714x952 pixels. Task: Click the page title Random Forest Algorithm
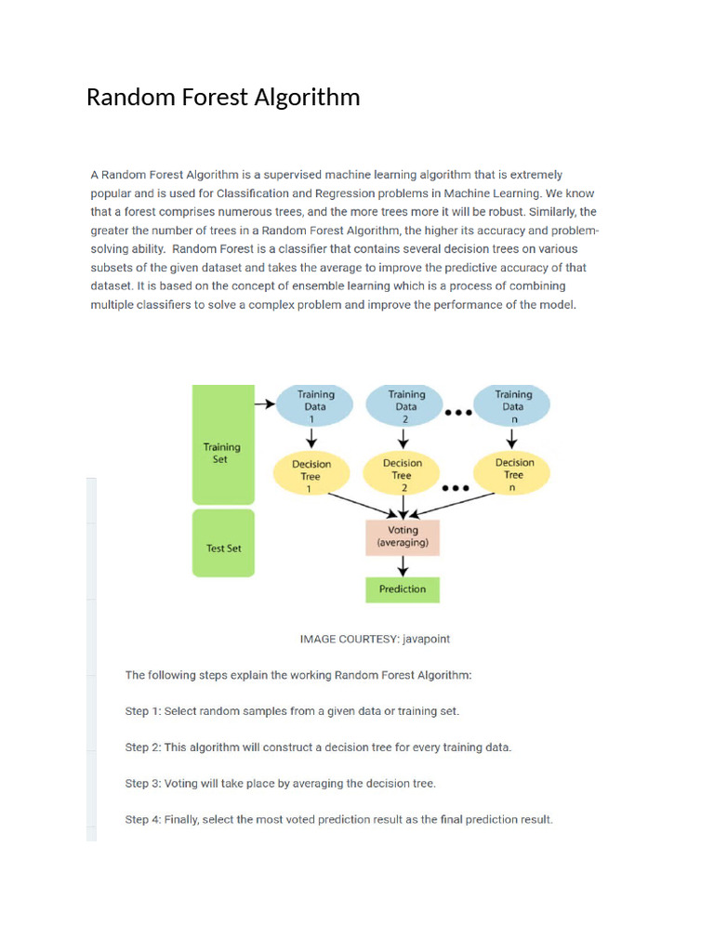coord(223,97)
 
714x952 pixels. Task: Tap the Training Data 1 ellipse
coord(316,406)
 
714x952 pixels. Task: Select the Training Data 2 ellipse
coord(406,406)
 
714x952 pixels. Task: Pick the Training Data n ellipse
coord(512,406)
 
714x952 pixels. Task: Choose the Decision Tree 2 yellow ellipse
coord(403,475)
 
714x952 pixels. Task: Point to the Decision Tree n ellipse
coord(514,474)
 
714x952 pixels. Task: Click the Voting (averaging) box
coord(403,536)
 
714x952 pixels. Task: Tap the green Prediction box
coord(403,588)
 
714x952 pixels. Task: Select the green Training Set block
coord(222,444)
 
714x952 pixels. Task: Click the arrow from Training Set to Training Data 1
coord(266,403)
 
